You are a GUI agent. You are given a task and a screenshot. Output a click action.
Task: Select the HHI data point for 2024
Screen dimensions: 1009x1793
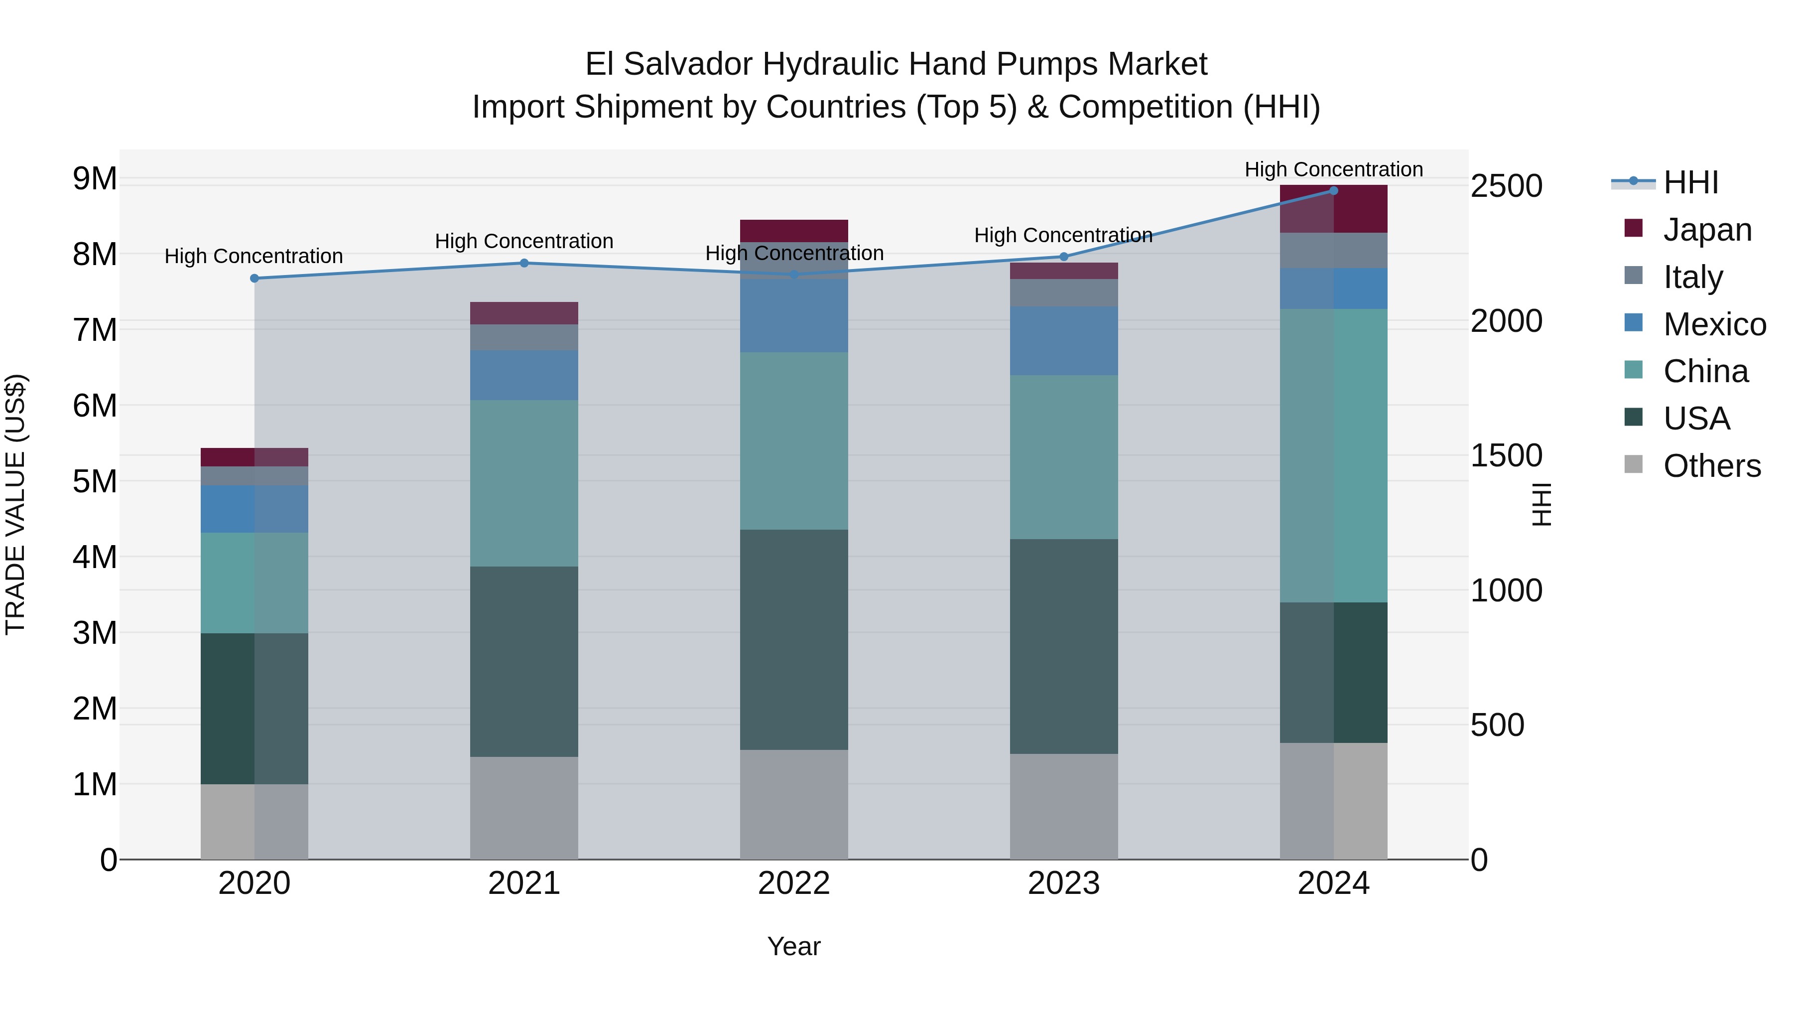pyautogui.click(x=1334, y=191)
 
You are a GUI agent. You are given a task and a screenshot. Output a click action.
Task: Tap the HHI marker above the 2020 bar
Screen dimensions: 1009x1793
pyautogui.click(x=254, y=279)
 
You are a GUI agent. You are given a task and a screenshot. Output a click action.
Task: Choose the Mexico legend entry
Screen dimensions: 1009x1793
pyautogui.click(x=1714, y=324)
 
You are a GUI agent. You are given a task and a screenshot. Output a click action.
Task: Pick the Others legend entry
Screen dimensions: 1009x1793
pyautogui.click(x=1711, y=466)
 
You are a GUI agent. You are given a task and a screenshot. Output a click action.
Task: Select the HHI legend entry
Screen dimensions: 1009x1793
pyautogui.click(x=1690, y=182)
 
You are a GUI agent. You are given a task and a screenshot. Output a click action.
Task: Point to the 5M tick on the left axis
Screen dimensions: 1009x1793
pyautogui.click(x=95, y=481)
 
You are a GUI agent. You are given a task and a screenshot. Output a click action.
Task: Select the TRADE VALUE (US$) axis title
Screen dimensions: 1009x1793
pyautogui.click(x=16, y=504)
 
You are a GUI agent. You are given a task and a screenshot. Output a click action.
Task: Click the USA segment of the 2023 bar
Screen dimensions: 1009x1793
pyautogui.click(x=1063, y=646)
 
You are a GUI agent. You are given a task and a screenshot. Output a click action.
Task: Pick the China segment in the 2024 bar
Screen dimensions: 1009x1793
pyautogui.click(x=1334, y=455)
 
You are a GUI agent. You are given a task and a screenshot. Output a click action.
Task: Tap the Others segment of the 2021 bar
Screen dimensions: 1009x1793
pyautogui.click(x=524, y=808)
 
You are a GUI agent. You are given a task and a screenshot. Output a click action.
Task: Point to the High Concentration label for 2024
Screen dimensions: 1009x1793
pyautogui.click(x=1334, y=170)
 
